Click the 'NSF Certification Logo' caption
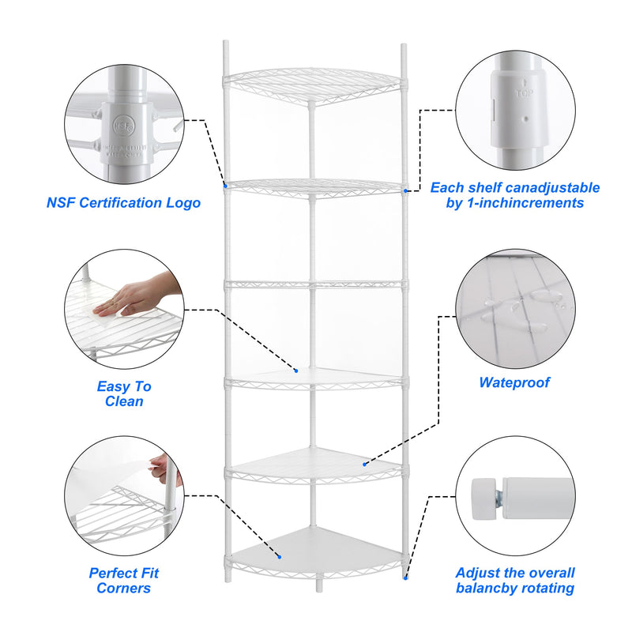pos(123,203)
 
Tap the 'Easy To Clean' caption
pos(123,393)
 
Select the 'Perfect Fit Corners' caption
pos(123,581)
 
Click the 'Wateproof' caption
pos(514,383)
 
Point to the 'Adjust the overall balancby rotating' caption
pos(514,581)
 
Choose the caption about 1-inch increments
pos(514,195)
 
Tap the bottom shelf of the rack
pos(316,549)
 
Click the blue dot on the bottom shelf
pos(277,555)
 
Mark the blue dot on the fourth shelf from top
pos(296,370)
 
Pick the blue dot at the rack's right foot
pos(405,577)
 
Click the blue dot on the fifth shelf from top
pos(364,464)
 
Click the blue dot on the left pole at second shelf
pos(226,186)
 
